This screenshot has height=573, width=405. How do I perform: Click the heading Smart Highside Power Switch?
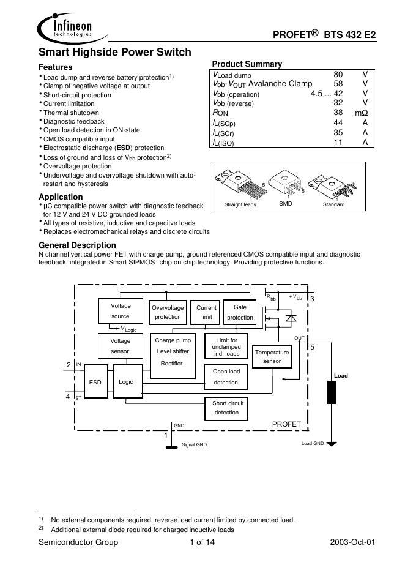click(x=115, y=53)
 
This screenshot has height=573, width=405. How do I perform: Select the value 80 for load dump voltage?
click(x=338, y=74)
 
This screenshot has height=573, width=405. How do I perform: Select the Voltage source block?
click(x=120, y=311)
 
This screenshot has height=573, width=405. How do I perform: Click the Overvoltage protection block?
click(x=168, y=312)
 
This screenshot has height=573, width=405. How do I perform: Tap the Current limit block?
click(x=206, y=312)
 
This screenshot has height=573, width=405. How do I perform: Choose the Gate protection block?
click(x=240, y=312)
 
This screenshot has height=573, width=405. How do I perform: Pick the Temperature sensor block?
click(x=272, y=358)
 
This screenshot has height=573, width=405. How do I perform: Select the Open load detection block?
click(x=226, y=376)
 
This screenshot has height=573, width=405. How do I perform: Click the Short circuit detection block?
click(x=227, y=408)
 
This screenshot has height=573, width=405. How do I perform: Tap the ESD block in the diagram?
click(x=95, y=382)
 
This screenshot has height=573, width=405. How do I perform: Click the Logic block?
click(x=126, y=382)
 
